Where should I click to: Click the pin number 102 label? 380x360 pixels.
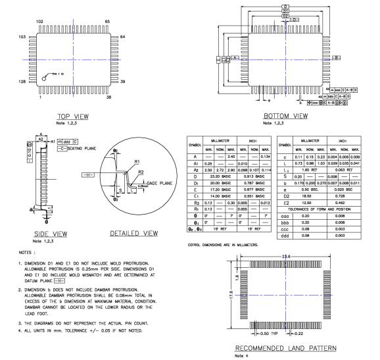(39, 22)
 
